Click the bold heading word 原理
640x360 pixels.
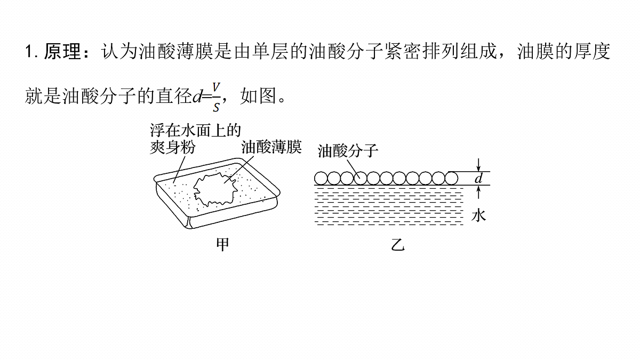click(x=62, y=52)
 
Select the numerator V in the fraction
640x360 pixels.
click(x=216, y=87)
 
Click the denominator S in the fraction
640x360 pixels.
click(x=217, y=107)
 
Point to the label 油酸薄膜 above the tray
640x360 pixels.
click(x=271, y=147)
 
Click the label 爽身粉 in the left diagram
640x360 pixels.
click(x=173, y=148)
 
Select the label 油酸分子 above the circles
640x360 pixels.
click(x=348, y=151)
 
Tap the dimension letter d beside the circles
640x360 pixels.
click(x=478, y=178)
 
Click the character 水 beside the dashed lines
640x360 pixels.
click(x=478, y=215)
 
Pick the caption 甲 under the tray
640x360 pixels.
click(x=222, y=245)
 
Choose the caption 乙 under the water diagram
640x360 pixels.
click(x=398, y=245)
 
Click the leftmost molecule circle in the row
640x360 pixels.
click(x=321, y=178)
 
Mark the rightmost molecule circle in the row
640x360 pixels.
click(x=451, y=178)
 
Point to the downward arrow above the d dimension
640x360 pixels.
click(x=479, y=165)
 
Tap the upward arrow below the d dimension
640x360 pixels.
click(x=479, y=192)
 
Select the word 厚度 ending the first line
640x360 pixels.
click(x=592, y=52)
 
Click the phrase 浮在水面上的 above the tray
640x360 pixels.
click(x=196, y=131)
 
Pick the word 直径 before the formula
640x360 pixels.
click(x=174, y=95)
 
